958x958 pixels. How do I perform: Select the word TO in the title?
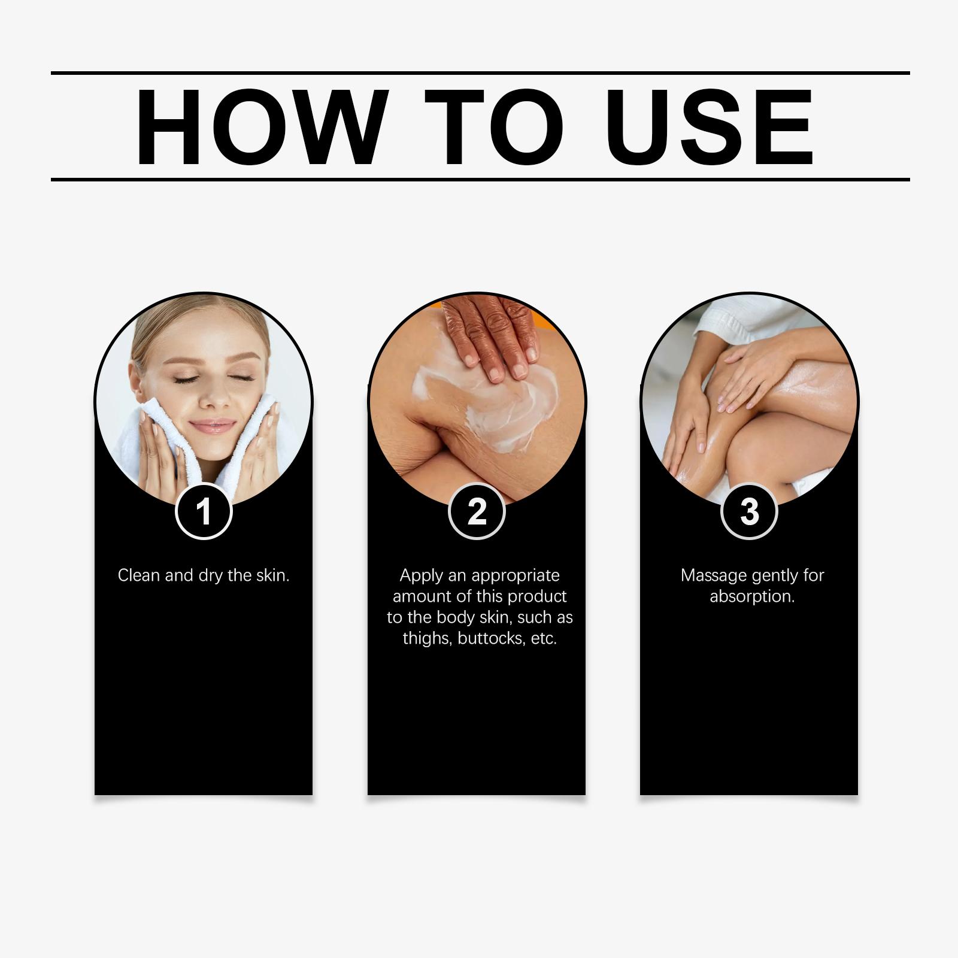point(494,126)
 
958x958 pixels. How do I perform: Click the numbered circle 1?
point(204,511)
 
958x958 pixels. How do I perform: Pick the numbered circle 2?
point(477,511)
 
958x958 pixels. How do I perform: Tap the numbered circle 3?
point(749,511)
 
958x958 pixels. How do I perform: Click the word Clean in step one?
point(139,575)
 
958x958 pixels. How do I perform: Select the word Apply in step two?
point(421,576)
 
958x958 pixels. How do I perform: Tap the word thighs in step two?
point(428,639)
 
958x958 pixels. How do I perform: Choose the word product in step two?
point(537,597)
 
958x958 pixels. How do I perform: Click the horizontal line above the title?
point(480,73)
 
